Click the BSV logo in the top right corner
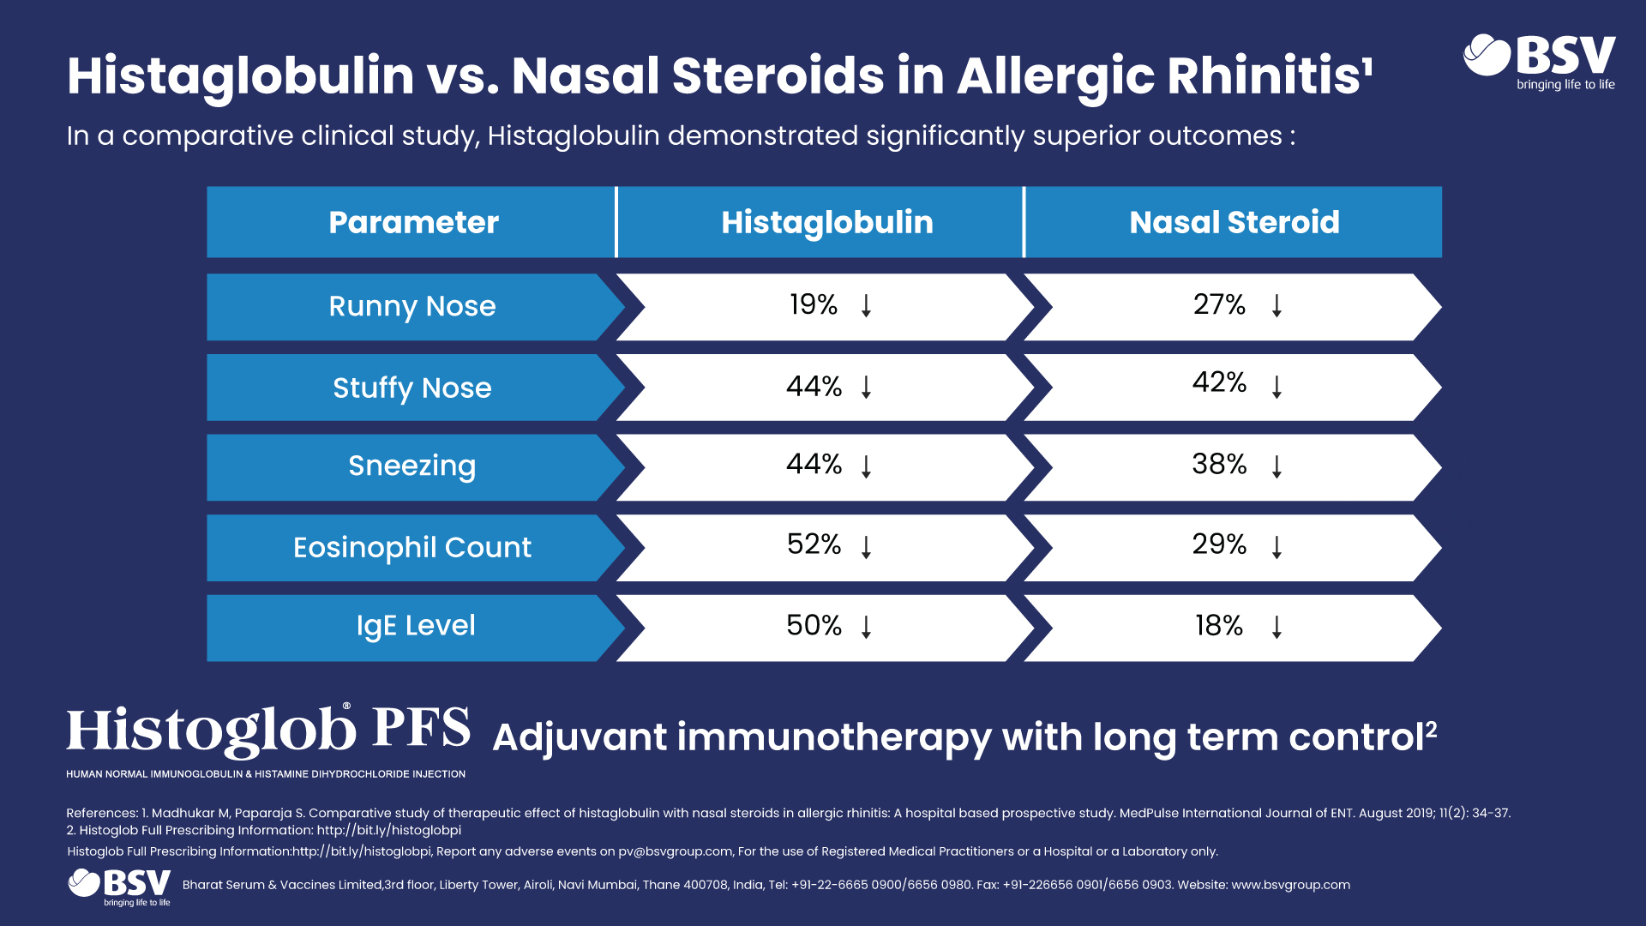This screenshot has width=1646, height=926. (x=1540, y=62)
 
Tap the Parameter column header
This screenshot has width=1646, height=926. (x=413, y=222)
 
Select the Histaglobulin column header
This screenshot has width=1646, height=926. (x=827, y=222)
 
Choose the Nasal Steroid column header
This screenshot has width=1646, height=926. (x=1234, y=222)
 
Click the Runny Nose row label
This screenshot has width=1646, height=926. (x=412, y=306)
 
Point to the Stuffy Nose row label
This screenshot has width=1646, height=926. (x=412, y=388)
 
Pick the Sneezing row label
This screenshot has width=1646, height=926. (x=412, y=466)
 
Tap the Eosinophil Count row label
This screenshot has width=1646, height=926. (x=412, y=547)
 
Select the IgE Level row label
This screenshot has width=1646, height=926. (x=416, y=626)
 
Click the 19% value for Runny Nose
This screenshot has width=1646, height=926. (x=814, y=304)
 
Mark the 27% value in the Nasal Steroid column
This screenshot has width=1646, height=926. (x=1219, y=304)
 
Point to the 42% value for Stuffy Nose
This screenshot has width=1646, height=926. (x=1219, y=382)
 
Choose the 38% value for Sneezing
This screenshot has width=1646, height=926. (x=1219, y=464)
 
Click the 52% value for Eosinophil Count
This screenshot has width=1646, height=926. (x=814, y=544)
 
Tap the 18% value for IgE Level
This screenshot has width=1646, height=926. (x=1219, y=626)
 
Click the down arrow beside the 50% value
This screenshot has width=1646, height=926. (x=867, y=627)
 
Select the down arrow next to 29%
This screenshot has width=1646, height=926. (x=1277, y=547)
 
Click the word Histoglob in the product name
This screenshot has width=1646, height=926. (x=212, y=731)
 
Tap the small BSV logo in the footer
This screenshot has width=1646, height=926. (x=119, y=887)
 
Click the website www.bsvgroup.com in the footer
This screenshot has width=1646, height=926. (x=1290, y=885)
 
